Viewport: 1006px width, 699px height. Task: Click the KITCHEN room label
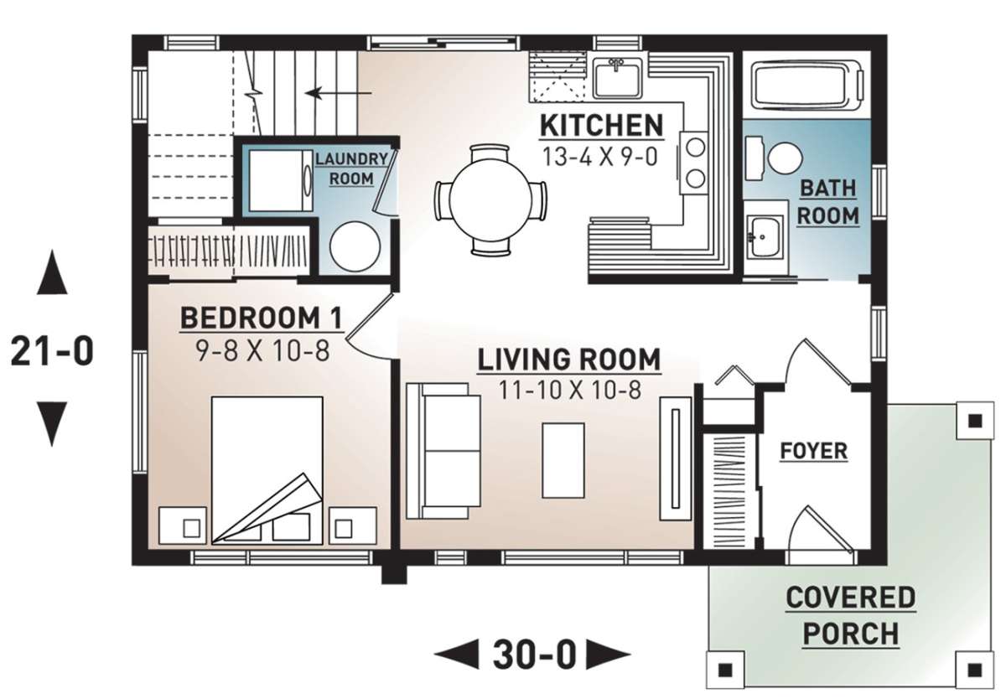click(601, 126)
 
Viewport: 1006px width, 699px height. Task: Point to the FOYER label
click(813, 451)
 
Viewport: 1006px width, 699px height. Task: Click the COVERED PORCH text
click(850, 615)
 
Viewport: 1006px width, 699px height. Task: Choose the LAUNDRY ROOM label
click(351, 168)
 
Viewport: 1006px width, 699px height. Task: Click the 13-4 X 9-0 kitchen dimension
click(601, 157)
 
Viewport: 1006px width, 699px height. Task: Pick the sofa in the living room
click(437, 450)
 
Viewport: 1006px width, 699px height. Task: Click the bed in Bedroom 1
click(267, 469)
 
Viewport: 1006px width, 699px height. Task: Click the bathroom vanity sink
click(764, 237)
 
